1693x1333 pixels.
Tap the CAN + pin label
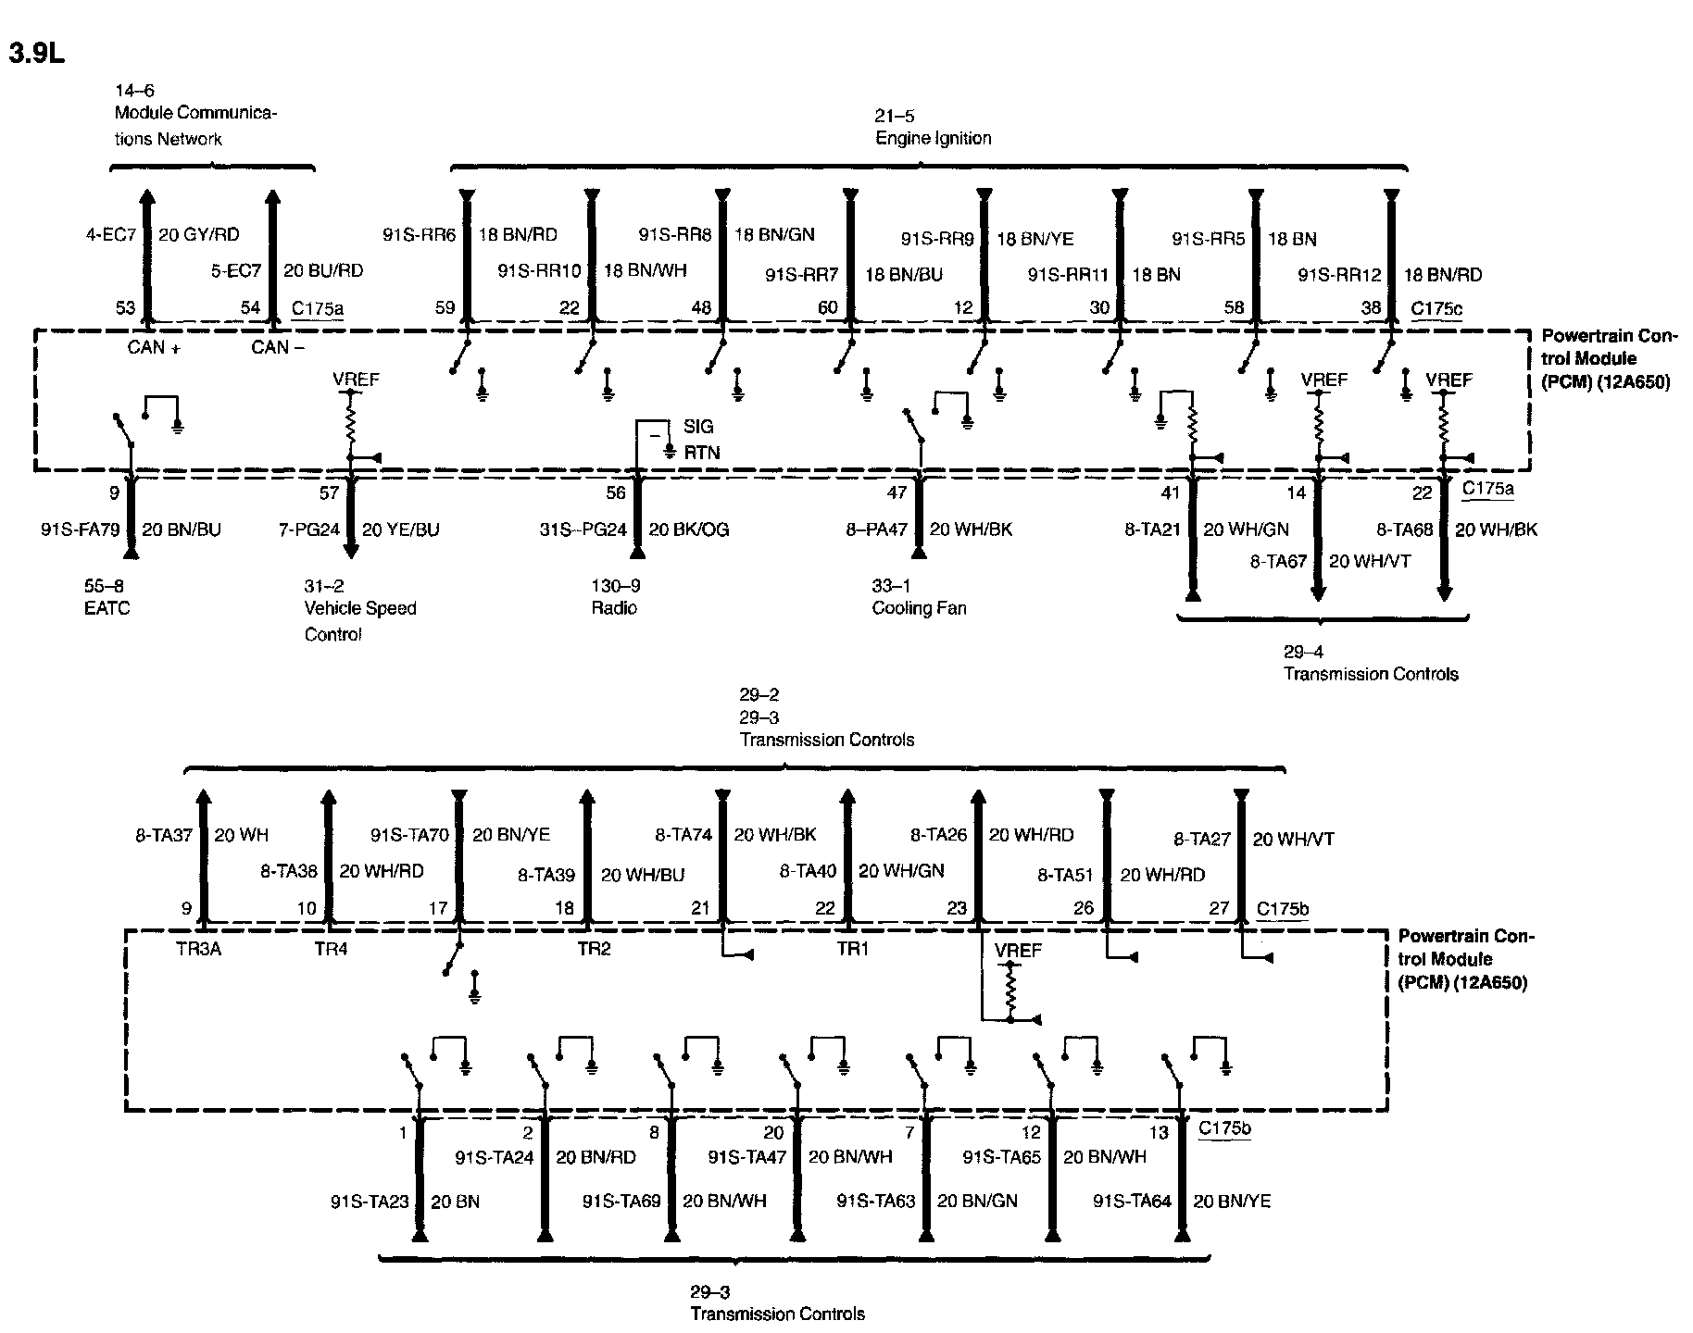pyautogui.click(x=153, y=347)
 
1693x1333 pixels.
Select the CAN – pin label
pyautogui.click(x=278, y=347)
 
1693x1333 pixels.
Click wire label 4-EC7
pyautogui.click(x=110, y=235)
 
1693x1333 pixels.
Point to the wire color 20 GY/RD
pyautogui.click(x=199, y=235)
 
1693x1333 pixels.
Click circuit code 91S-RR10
pyautogui.click(x=539, y=271)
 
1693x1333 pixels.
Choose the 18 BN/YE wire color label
pyautogui.click(x=1035, y=239)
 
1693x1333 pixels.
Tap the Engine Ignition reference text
pyautogui.click(x=933, y=138)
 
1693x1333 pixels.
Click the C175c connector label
pyautogui.click(x=1436, y=308)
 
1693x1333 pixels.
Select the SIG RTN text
pyautogui.click(x=700, y=440)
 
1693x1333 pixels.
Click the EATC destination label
pyautogui.click(x=107, y=608)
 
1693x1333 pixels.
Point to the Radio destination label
pyautogui.click(x=614, y=608)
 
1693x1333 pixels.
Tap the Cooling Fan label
pyautogui.click(x=919, y=608)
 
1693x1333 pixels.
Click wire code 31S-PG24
pyautogui.click(x=583, y=530)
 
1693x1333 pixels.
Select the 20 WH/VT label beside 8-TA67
pyautogui.click(x=1370, y=562)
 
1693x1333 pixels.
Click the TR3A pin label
pyautogui.click(x=198, y=949)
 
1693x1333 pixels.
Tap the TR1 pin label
pyautogui.click(x=852, y=949)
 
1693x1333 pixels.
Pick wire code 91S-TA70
pyautogui.click(x=409, y=835)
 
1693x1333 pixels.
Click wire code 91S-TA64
pyautogui.click(x=1132, y=1202)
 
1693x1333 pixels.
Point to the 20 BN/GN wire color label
pyautogui.click(x=977, y=1202)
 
